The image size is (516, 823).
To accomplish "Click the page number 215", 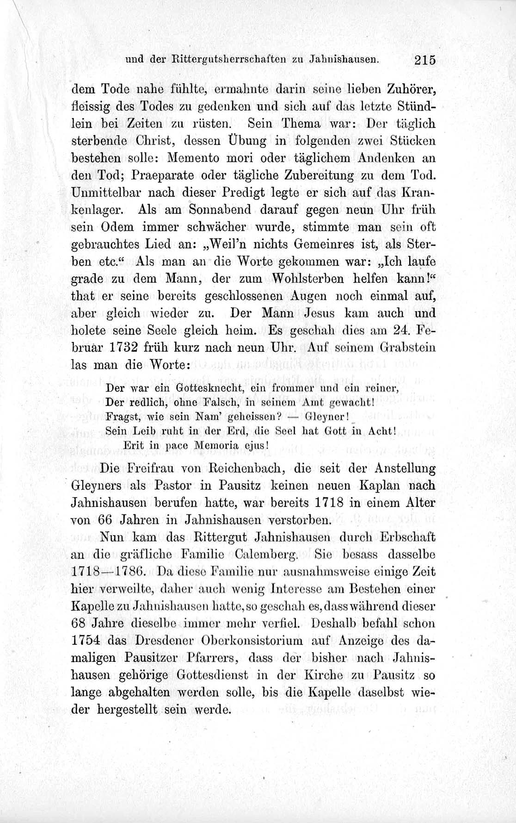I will tap(425, 60).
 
